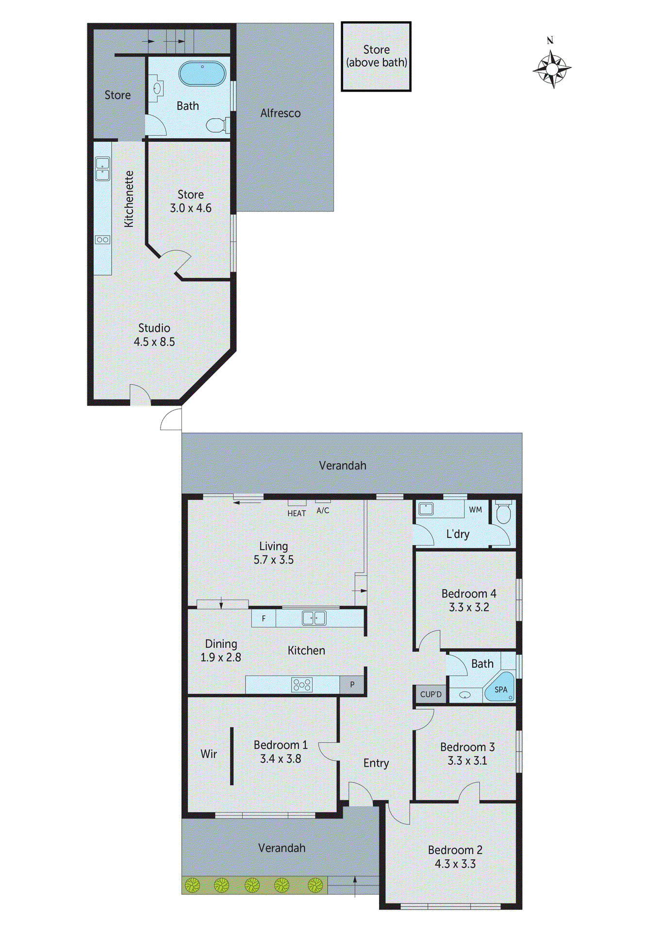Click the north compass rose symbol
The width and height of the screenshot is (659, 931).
tap(552, 69)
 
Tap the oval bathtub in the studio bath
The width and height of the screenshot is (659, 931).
tap(202, 74)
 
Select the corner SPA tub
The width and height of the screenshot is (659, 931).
tap(500, 687)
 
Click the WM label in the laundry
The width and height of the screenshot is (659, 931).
tap(475, 510)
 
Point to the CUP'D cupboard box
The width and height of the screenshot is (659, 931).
tap(430, 694)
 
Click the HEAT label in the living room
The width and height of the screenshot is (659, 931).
tap(297, 514)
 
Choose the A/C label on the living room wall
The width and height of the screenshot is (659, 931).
tap(323, 511)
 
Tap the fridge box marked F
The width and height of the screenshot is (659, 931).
tap(264, 618)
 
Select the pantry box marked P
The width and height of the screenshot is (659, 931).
tap(352, 685)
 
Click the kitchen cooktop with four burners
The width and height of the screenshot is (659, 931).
tap(302, 685)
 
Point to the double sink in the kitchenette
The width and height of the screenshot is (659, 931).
tap(102, 168)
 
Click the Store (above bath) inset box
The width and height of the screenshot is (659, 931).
tap(376, 56)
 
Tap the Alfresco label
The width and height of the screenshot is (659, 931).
tap(280, 113)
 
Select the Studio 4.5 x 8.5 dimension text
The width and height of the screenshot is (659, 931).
tap(154, 342)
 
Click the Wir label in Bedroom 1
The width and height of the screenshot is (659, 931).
tap(209, 754)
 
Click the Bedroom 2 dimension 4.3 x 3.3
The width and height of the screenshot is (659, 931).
tap(455, 864)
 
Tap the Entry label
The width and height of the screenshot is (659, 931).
tap(376, 763)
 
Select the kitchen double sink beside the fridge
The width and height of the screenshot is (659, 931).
tap(314, 618)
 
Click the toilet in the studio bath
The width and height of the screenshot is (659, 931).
tap(217, 126)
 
